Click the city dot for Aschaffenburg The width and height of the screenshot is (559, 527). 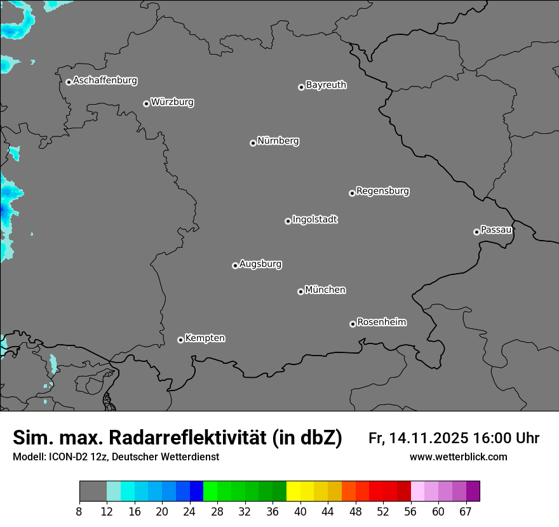point(69,82)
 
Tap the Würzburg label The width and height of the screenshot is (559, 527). point(172,102)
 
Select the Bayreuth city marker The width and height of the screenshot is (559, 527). point(301,87)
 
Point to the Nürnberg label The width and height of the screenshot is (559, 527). point(278,141)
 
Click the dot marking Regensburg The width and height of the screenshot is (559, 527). point(352,193)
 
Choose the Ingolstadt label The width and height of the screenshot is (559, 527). point(315,220)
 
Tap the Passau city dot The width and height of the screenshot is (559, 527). point(476,232)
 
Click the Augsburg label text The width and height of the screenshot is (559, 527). point(260,264)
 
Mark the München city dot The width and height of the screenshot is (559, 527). point(300,292)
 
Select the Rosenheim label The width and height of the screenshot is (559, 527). point(382,323)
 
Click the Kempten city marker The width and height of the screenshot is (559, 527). point(180,340)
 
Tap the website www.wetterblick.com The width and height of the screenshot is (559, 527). point(459,457)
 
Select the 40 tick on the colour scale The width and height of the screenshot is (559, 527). point(300,512)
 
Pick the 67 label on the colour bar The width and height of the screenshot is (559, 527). point(466,512)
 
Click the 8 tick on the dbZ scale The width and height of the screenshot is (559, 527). point(79,512)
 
